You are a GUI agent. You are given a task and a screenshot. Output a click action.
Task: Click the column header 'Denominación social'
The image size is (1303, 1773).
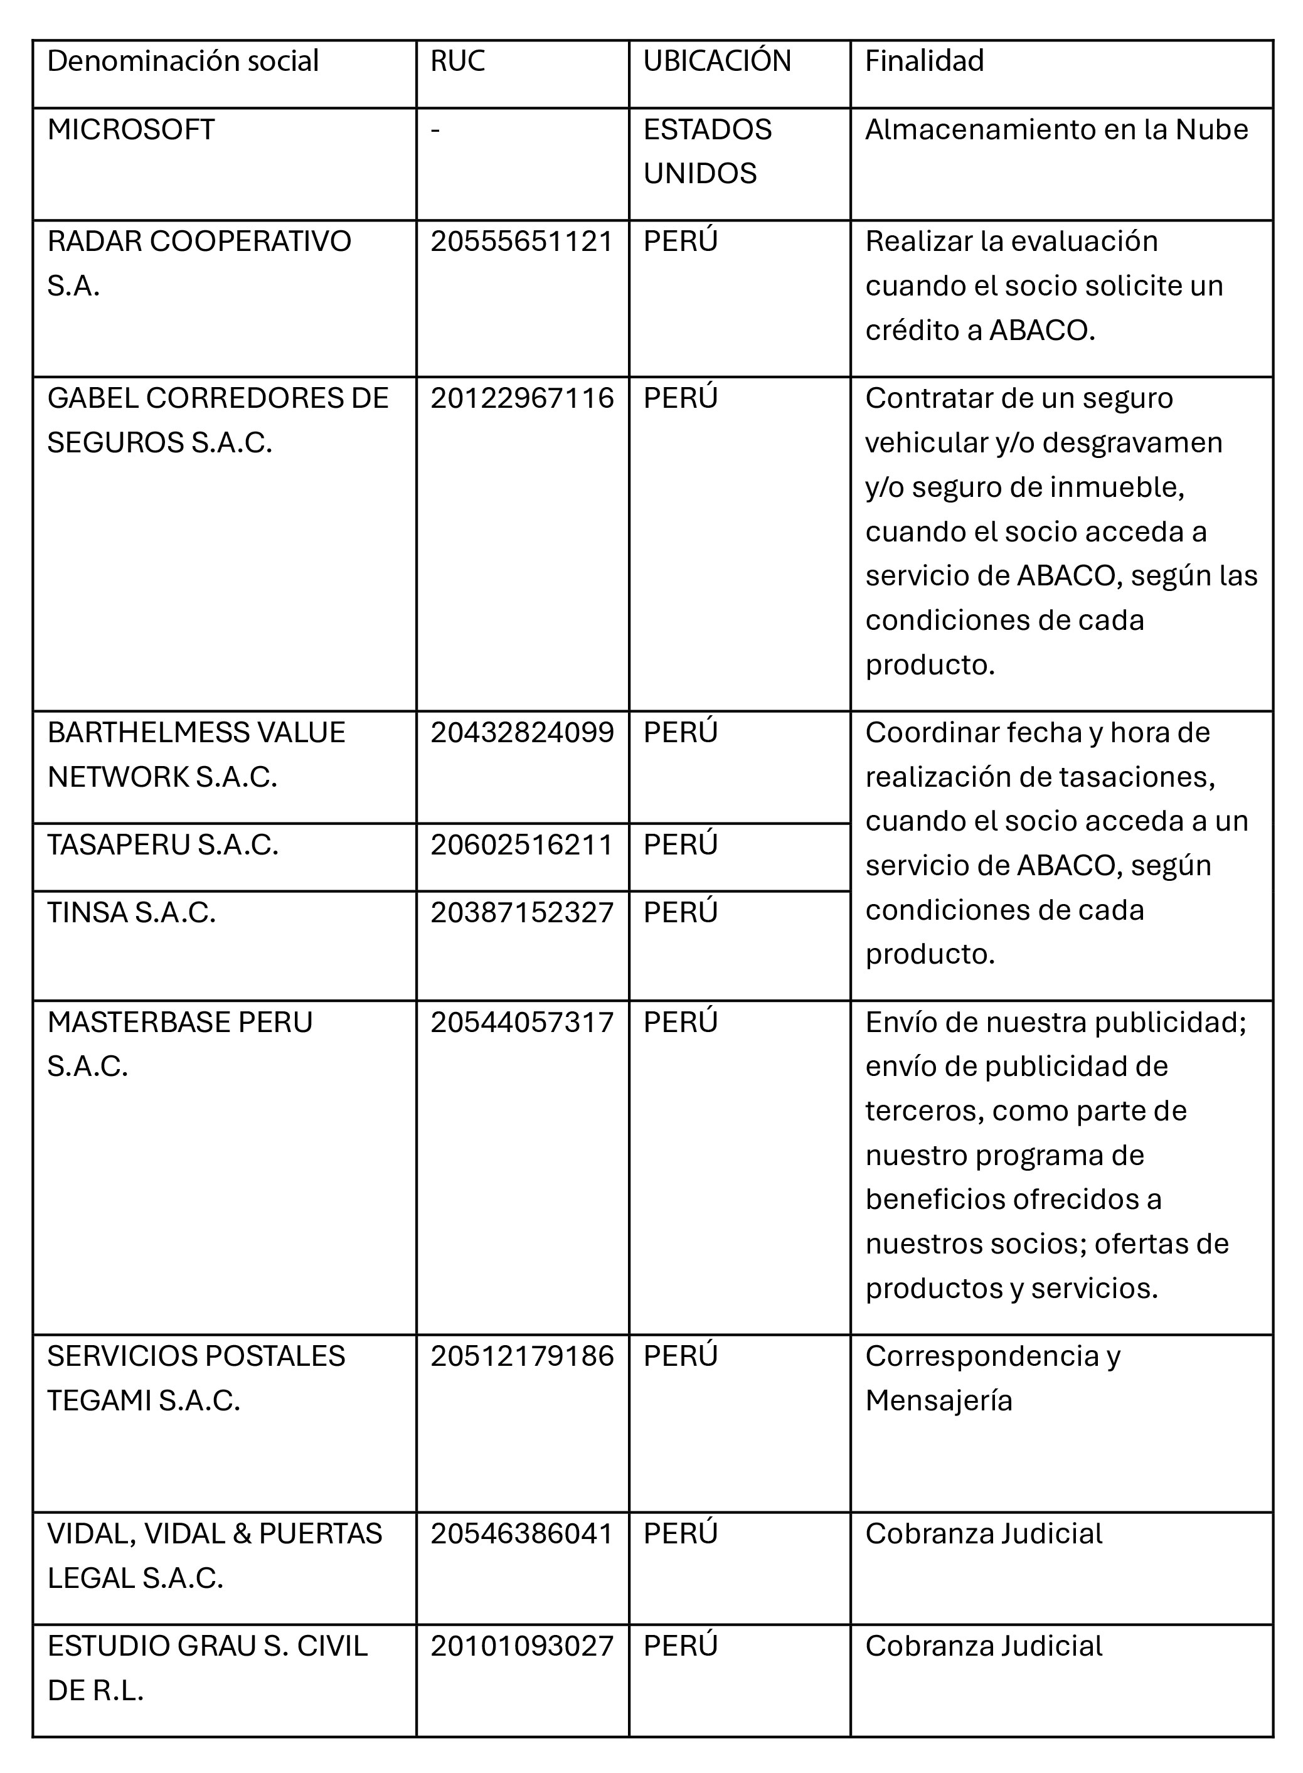click(x=183, y=61)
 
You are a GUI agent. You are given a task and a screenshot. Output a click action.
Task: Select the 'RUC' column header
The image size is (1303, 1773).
click(x=457, y=61)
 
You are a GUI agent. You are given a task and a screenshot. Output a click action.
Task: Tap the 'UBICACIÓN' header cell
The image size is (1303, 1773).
click(x=717, y=61)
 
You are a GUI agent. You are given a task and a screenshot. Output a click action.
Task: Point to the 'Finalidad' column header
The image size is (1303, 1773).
click(x=925, y=61)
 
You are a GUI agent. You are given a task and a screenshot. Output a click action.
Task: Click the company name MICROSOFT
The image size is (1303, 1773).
click(x=131, y=130)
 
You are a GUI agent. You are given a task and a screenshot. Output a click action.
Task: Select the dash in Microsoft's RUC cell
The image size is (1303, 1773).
click(x=435, y=130)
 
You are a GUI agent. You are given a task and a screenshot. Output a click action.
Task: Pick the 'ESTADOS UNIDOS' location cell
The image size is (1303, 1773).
click(x=708, y=151)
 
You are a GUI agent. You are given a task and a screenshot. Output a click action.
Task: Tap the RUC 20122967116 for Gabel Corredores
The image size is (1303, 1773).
click(x=521, y=398)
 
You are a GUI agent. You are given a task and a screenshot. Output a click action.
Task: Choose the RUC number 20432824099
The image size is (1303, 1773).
click(x=521, y=733)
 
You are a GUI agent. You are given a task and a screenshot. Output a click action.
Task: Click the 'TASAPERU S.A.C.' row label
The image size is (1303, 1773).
click(x=162, y=844)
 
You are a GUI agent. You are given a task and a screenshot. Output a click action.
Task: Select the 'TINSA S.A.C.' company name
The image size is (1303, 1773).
click(x=131, y=912)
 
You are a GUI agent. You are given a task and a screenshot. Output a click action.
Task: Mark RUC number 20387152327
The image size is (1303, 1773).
click(x=521, y=912)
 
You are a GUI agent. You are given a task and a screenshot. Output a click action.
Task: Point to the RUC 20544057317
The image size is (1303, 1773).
click(x=521, y=1022)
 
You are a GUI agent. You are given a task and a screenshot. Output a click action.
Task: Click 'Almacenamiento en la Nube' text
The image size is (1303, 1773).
click(x=1056, y=130)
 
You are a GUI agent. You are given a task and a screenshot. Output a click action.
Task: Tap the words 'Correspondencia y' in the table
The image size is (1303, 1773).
click(x=992, y=1356)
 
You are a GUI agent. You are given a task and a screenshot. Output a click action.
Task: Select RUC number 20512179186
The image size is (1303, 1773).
click(x=521, y=1356)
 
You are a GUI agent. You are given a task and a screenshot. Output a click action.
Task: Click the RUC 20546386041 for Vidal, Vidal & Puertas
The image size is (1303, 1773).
click(x=521, y=1533)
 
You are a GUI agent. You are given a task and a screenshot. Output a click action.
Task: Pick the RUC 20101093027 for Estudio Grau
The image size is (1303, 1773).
click(x=521, y=1646)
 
